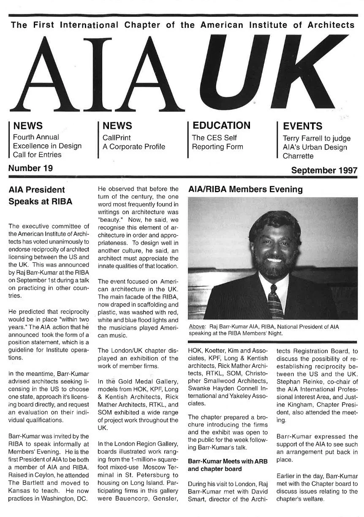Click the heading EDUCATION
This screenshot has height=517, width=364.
tap(221, 125)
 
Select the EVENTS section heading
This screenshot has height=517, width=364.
tap(302, 126)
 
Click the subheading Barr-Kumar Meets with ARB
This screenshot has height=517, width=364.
tap(226, 461)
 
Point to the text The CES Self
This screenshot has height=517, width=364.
tap(214, 137)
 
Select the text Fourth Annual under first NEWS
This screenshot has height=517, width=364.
tap(36, 137)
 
